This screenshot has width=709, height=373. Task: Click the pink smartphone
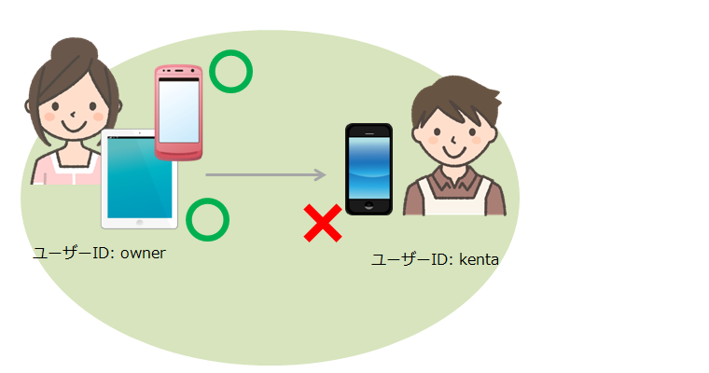(x=178, y=113)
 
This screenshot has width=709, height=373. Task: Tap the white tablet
(x=139, y=179)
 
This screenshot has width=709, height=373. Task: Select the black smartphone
(x=369, y=169)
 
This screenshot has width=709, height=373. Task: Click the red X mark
(x=323, y=223)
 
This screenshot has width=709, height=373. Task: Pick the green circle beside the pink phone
(x=231, y=72)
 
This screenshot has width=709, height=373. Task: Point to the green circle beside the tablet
(x=207, y=220)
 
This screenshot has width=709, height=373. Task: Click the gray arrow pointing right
(x=266, y=174)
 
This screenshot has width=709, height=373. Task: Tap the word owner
(x=143, y=254)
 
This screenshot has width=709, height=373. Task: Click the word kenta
(x=479, y=259)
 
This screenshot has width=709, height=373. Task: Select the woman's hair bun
(x=74, y=49)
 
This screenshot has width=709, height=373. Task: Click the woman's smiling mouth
(x=74, y=126)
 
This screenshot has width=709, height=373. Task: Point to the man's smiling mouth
(x=454, y=150)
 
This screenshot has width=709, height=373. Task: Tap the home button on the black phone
(x=369, y=206)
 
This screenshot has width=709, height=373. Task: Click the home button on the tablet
(x=139, y=223)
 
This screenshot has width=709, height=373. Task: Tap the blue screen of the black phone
(x=369, y=167)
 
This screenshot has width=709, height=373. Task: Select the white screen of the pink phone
(x=178, y=111)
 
